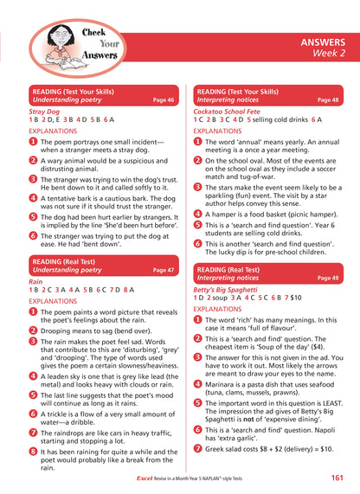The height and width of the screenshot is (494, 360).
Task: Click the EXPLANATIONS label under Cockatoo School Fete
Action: tap(223, 132)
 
